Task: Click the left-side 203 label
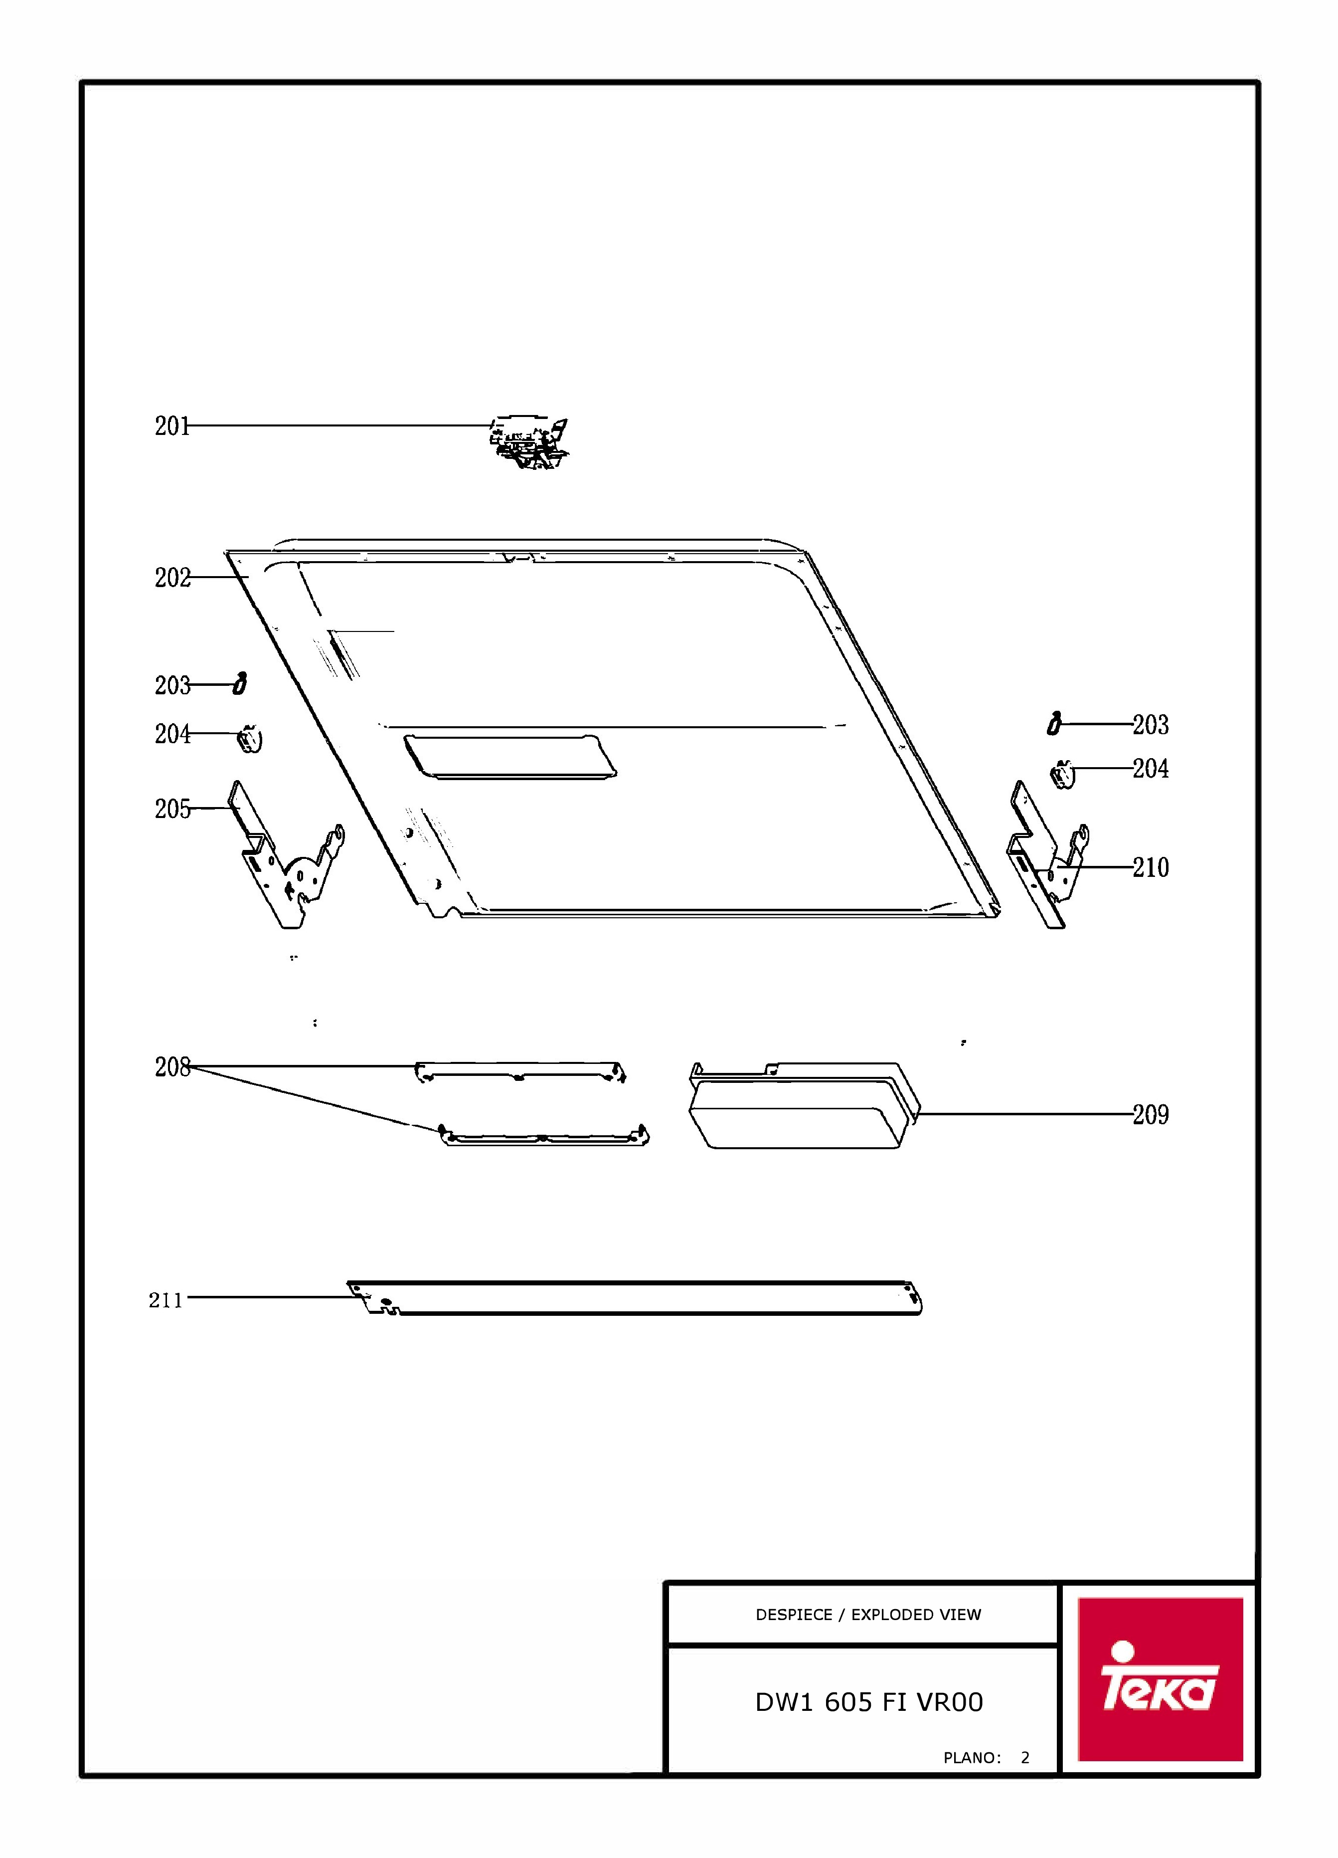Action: pyautogui.click(x=172, y=685)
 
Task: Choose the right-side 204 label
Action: pyautogui.click(x=1151, y=769)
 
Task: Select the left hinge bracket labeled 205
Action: pyautogui.click(x=287, y=860)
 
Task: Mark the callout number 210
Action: pyautogui.click(x=1151, y=867)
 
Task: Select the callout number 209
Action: pyautogui.click(x=1151, y=1114)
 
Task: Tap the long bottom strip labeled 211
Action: pyautogui.click(x=635, y=1298)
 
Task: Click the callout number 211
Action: pyautogui.click(x=166, y=1300)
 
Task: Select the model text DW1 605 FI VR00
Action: pyautogui.click(x=869, y=1702)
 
